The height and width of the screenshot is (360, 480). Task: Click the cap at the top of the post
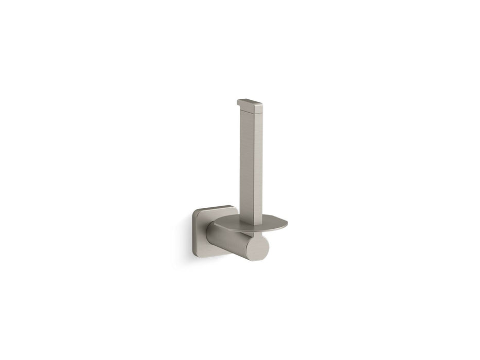point(251,105)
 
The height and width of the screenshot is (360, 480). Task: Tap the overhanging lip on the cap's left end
point(239,103)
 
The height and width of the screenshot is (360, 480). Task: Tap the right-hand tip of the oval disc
point(286,224)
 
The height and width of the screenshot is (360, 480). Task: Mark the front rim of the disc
point(262,230)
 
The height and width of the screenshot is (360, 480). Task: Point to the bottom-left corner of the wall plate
point(195,253)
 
